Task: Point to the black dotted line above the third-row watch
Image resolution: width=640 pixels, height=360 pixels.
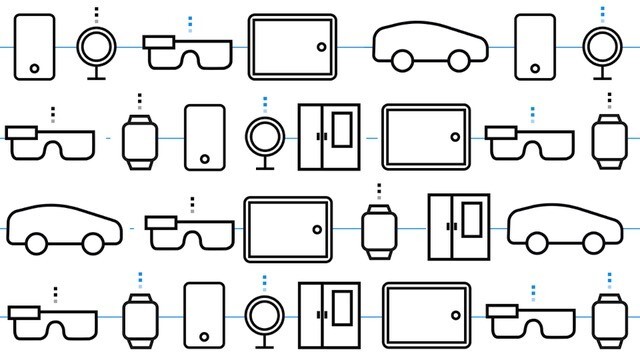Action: point(378,191)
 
